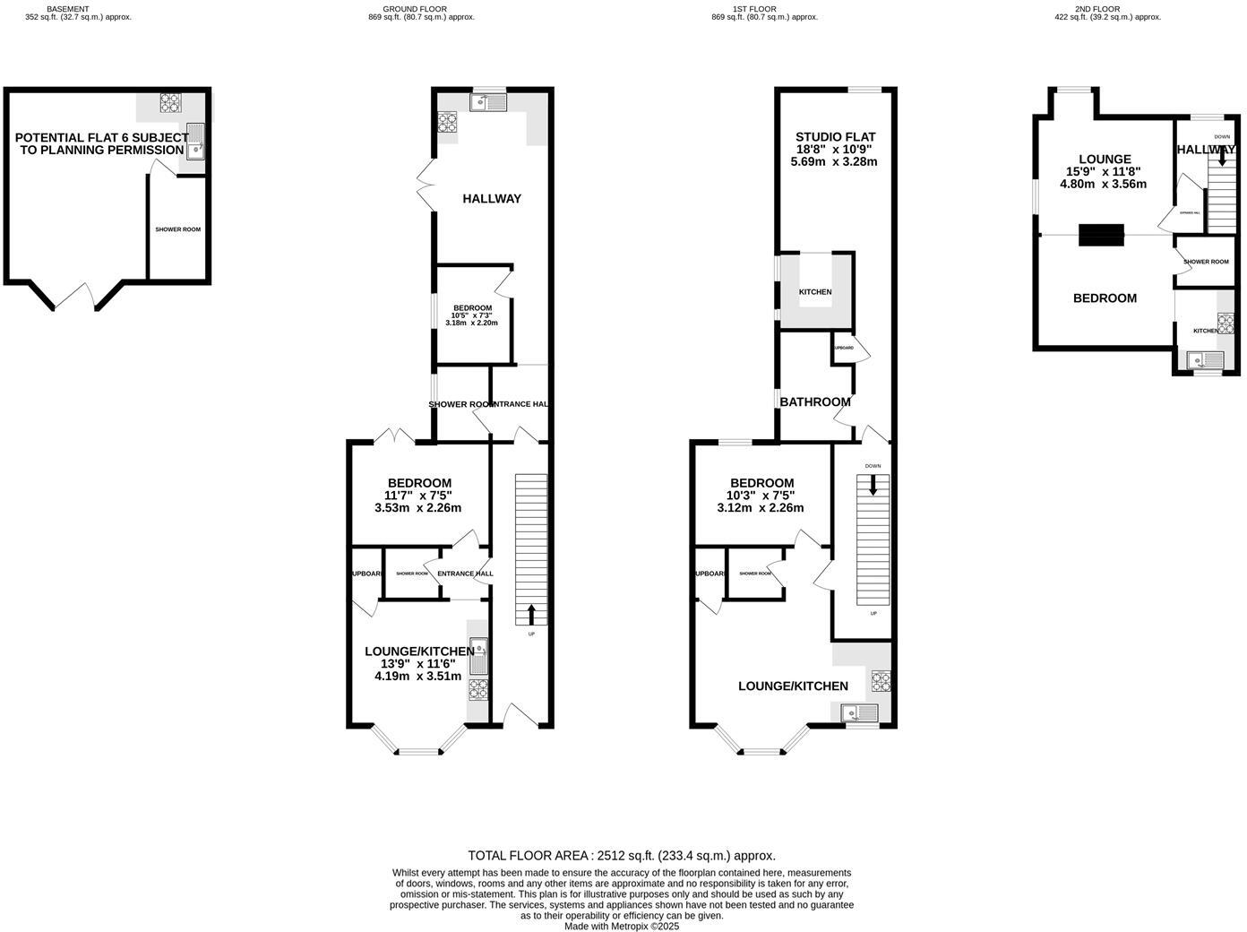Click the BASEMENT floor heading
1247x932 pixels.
tap(68, 9)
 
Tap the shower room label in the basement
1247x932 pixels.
tap(177, 229)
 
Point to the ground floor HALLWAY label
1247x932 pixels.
tap(492, 199)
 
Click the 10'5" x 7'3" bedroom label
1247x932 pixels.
tap(472, 315)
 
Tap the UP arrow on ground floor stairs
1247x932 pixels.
tap(531, 614)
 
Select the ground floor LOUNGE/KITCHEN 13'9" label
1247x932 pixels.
tap(418, 663)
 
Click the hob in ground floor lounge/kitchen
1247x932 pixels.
tap(477, 688)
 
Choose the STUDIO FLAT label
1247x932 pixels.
tap(834, 149)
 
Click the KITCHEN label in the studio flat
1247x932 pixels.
tap(815, 292)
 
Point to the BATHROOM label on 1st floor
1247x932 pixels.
tap(814, 401)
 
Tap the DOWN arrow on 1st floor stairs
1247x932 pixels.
tap(873, 485)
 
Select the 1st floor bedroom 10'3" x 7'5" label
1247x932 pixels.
tap(761, 495)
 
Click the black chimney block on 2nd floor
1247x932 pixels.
tap(1100, 234)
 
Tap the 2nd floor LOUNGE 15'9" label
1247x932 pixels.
tap(1104, 171)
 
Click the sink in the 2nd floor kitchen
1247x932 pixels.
tap(1205, 361)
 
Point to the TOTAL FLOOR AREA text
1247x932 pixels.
tap(622, 856)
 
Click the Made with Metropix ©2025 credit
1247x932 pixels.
tap(622, 927)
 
